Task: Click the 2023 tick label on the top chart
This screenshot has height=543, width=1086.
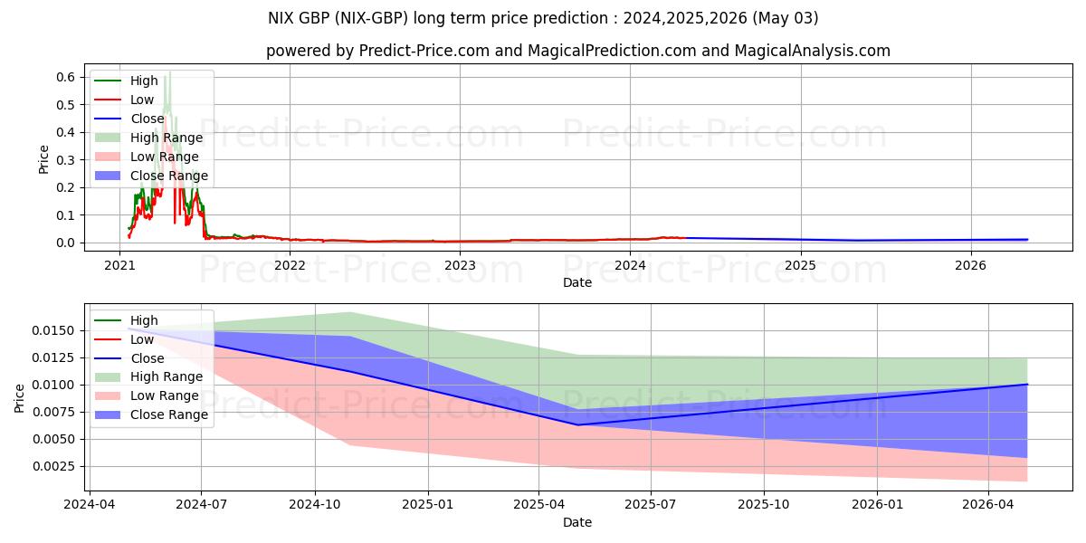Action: (460, 265)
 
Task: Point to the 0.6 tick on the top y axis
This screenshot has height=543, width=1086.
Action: (65, 78)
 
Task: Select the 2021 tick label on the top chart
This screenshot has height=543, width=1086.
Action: (119, 265)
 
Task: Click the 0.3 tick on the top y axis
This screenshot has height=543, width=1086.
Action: (65, 160)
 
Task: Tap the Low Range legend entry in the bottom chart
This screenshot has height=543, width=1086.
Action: (165, 395)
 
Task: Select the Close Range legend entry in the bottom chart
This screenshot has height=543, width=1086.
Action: (168, 414)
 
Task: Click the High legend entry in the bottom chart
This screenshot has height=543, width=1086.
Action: (144, 320)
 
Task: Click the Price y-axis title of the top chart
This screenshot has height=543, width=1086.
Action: (43, 159)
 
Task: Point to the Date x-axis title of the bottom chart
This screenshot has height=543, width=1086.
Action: (577, 522)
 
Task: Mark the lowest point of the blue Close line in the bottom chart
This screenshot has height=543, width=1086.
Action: (577, 424)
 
